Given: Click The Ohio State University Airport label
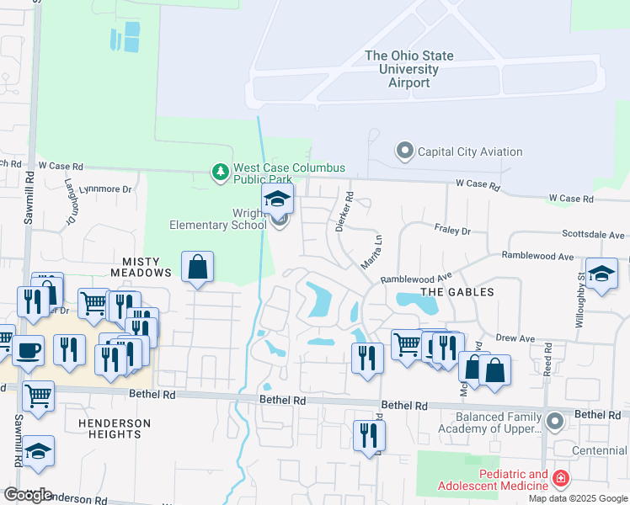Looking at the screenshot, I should coord(409,69).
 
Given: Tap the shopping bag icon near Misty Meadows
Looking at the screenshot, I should coord(197,268).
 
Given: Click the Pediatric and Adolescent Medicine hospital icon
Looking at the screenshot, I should coord(561,480).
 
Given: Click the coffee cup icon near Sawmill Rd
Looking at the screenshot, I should coord(28,349).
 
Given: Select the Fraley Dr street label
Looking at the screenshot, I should coord(452,228).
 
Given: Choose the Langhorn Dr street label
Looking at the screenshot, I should coord(70,207).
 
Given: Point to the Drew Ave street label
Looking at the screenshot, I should coord(515,338).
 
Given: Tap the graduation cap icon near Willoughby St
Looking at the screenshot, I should coord(601,274).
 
